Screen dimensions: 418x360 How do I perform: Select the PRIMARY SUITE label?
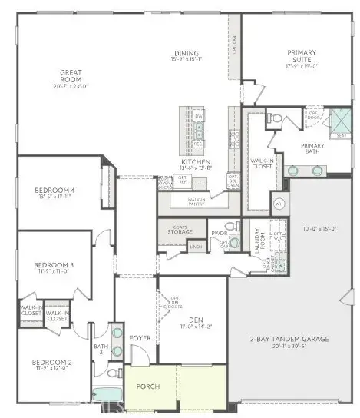click(301, 56)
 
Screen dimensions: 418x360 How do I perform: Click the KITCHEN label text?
click(190, 162)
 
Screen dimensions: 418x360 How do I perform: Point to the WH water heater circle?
click(279, 204)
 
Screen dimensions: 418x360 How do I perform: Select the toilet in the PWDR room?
click(237, 227)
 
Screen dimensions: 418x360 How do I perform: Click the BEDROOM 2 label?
click(52, 362)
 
